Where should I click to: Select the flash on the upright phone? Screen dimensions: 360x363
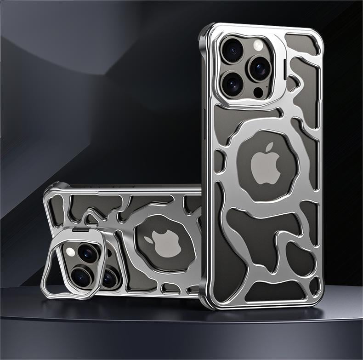click(x=258, y=45)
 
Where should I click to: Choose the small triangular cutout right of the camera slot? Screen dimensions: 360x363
click(x=293, y=82)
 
